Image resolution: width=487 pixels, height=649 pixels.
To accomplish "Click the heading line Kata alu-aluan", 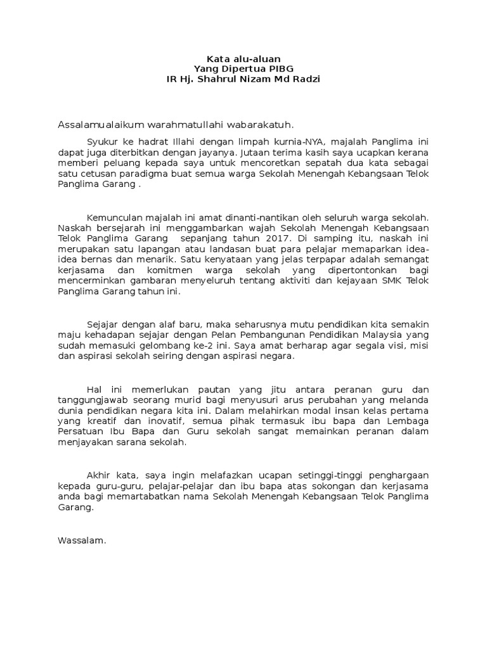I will coord(243,58).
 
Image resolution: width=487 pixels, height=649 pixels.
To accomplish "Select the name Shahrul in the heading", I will coord(219,79).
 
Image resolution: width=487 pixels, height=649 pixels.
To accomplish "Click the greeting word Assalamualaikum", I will coord(97,124).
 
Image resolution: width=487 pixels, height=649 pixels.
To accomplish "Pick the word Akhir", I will coord(98,475).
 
